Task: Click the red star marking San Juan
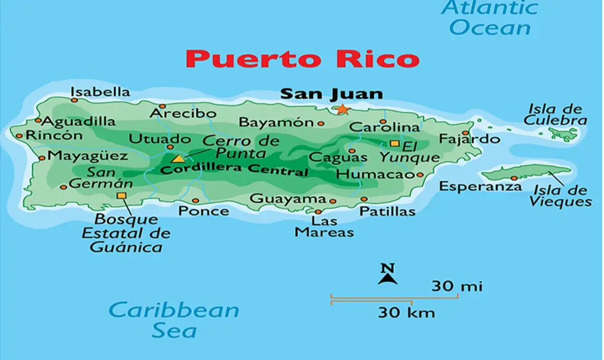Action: point(342,110)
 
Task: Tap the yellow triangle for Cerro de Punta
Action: point(178,159)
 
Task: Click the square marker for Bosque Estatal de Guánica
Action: point(121,196)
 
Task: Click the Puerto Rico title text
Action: point(302,59)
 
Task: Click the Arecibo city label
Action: point(183,113)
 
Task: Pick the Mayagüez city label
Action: point(83,155)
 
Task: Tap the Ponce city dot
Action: point(196,201)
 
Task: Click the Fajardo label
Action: point(469,138)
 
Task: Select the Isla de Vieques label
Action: point(560,196)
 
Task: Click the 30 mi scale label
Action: point(457,287)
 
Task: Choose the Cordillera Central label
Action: point(234,170)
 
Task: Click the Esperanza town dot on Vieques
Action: point(514,178)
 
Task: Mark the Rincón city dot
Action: point(19,136)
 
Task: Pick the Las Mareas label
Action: point(324,227)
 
